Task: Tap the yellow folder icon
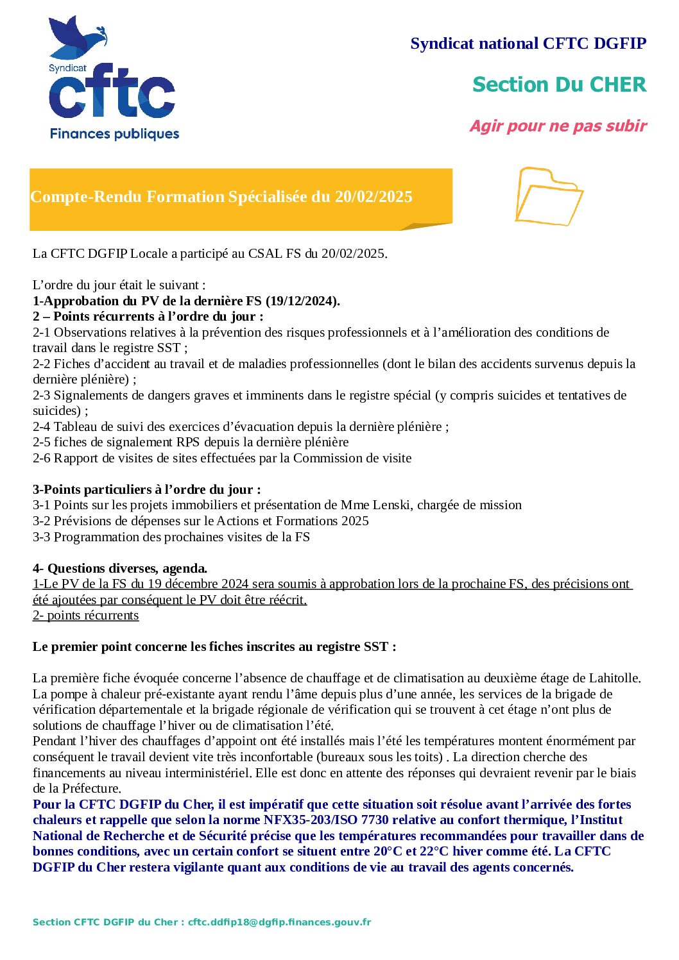coord(548,196)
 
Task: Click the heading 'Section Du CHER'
coord(559,85)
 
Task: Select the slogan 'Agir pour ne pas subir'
coord(558,126)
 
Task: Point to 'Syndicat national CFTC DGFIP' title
coord(528,44)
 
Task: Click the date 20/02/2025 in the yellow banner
coord(373,197)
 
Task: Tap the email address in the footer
coord(279,922)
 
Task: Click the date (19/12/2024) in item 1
coord(302,301)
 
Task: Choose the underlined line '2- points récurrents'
coord(85,615)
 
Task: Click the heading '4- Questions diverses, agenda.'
coord(120,568)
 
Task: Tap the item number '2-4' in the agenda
coord(42,426)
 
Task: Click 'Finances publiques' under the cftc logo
coord(114,134)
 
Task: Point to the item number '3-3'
coord(42,537)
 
